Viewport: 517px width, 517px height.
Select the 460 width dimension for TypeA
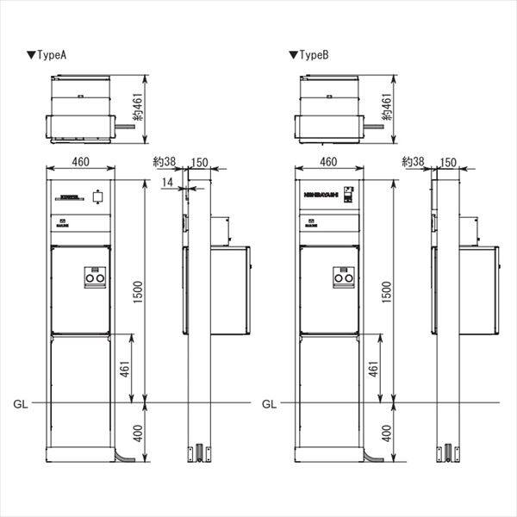point(81,161)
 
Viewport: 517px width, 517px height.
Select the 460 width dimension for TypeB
point(328,161)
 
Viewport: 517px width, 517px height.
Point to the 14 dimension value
point(166,183)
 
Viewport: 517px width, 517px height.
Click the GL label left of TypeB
point(269,403)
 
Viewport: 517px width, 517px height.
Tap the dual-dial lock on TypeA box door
point(93,277)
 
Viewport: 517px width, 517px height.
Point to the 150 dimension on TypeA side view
point(198,161)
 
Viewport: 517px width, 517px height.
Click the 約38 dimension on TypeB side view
point(412,161)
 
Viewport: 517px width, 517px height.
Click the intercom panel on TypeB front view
point(348,195)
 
